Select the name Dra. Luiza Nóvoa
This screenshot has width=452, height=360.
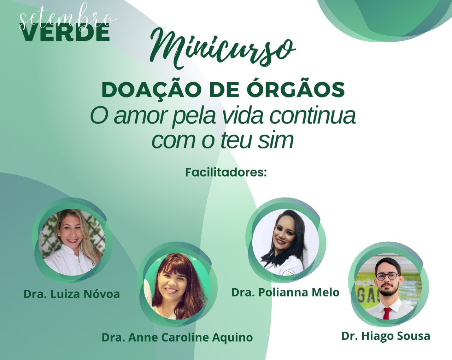pos(72,294)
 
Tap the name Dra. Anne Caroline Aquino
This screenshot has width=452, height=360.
pos(177,337)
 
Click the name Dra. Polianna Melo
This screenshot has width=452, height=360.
pos(285,292)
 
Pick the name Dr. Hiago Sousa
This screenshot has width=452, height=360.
pos(386,336)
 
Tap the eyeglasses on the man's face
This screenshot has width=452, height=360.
pos(387,277)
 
